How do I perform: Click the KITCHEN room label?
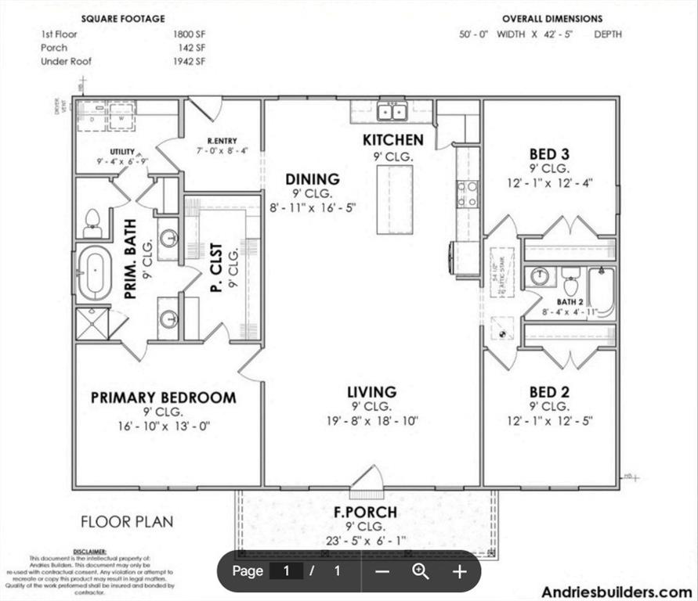[392, 140]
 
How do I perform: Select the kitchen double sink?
[392, 112]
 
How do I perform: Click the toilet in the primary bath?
[92, 222]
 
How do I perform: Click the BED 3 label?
[548, 153]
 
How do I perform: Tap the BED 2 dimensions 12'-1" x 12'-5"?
[548, 421]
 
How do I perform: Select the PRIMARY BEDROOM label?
[163, 398]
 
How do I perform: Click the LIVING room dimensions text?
[372, 421]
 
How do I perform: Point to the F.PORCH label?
[365, 513]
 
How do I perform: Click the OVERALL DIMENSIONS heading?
[552, 18]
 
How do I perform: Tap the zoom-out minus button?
[382, 571]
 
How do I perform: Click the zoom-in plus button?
[459, 571]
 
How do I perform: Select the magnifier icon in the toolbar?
[421, 571]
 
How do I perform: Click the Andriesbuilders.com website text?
[617, 592]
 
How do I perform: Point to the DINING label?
[312, 179]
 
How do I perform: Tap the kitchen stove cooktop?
[468, 193]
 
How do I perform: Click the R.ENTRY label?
[222, 141]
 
